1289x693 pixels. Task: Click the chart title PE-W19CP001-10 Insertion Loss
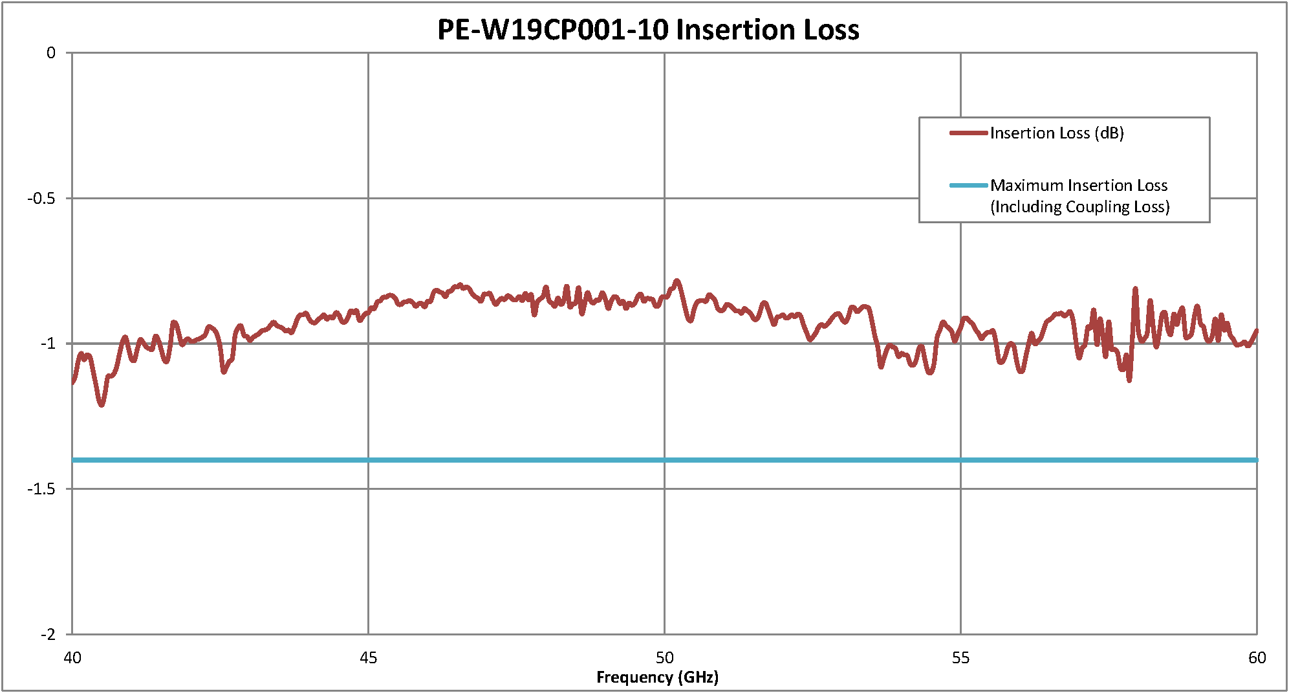coord(648,30)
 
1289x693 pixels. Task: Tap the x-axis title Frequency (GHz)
coord(657,677)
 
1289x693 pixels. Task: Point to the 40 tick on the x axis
coord(72,658)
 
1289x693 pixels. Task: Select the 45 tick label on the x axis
coord(368,658)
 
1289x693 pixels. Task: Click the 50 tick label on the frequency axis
coord(664,658)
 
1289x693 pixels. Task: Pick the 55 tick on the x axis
coord(960,658)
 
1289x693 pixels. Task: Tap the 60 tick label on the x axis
coord(1257,658)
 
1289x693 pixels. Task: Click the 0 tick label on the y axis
coord(51,53)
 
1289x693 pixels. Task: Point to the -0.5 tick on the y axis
coord(41,199)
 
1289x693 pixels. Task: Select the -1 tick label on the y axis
coord(47,344)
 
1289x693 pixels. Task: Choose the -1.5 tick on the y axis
coord(41,489)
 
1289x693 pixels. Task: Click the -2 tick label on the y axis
coord(47,635)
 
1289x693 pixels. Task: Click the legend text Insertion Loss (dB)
coord(1057,133)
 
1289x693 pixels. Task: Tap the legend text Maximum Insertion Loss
coord(1079,186)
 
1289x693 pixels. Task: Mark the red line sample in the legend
coord(968,133)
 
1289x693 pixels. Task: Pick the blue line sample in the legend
coord(968,186)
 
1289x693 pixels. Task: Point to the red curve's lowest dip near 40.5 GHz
coord(102,405)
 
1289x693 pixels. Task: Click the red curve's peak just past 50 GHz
coord(677,281)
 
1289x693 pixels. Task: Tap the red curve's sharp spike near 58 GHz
coord(1135,289)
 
